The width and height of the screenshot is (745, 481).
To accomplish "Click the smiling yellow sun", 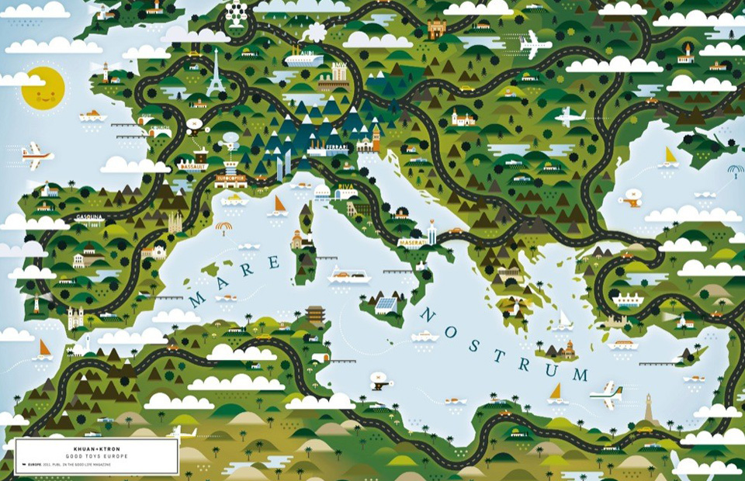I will pos(43,87).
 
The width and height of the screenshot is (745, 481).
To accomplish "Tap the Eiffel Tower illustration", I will pos(214,75).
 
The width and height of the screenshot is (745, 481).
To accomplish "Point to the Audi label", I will pos(305,54).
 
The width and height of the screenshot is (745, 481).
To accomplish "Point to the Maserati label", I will pos(411,242).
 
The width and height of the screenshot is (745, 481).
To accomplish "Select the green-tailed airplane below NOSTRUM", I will pos(605,394).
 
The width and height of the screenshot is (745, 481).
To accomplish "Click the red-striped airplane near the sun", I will pos(36,155).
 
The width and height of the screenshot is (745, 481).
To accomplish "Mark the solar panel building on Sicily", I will pos(386,304).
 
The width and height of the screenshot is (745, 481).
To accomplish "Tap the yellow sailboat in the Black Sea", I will pos(670,157).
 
